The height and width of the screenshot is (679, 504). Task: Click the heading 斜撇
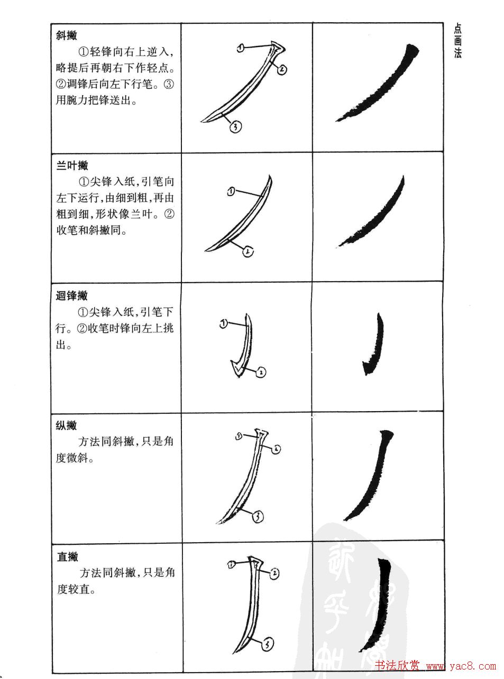pyautogui.click(x=67, y=35)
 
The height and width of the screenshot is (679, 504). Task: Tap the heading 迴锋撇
pyautogui.click(x=72, y=296)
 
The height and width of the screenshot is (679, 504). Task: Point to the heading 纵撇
pyautogui.click(x=67, y=425)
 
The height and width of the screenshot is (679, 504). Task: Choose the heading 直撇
pyautogui.click(x=68, y=556)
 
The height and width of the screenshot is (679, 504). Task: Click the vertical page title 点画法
pyautogui.click(x=458, y=41)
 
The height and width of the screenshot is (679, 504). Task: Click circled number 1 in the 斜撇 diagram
pyautogui.click(x=241, y=48)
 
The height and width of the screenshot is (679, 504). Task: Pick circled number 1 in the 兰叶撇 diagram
pyautogui.click(x=231, y=192)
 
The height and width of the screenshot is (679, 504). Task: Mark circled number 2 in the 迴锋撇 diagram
pyautogui.click(x=261, y=373)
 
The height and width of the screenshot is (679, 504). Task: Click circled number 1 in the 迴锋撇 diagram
pyautogui.click(x=223, y=323)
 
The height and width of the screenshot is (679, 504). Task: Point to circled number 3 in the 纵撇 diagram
pyautogui.click(x=257, y=517)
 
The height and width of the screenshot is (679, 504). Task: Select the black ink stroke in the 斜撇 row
pyautogui.click(x=381, y=85)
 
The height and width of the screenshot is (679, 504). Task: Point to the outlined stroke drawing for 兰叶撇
pyautogui.click(x=243, y=217)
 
